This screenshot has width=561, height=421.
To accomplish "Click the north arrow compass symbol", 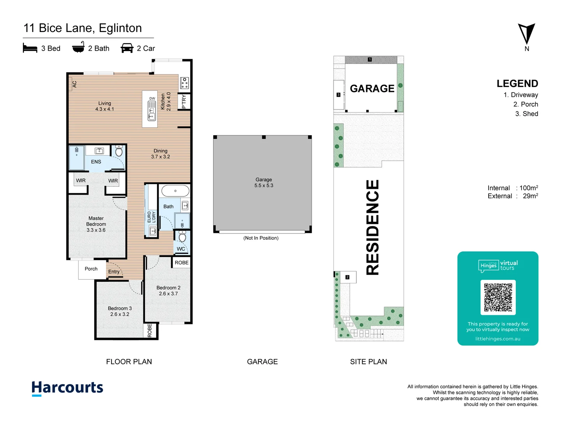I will (x=526, y=34).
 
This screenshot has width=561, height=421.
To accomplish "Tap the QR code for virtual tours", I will (x=498, y=297).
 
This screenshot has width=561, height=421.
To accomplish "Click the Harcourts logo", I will (x=67, y=388).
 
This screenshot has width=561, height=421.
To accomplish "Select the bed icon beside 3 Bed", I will (x=30, y=48).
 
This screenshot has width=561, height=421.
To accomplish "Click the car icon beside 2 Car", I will (x=127, y=48).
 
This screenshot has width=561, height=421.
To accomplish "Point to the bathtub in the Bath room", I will (x=175, y=191).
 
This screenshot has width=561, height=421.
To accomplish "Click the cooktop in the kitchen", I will (x=184, y=83).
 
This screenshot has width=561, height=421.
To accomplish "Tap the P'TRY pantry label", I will (x=184, y=102).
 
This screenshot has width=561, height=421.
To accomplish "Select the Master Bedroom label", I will (x=96, y=224).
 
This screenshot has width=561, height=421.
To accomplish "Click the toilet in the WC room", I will (x=182, y=237).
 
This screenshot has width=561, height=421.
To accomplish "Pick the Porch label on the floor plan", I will (x=91, y=269).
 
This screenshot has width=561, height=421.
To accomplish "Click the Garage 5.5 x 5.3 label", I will (x=264, y=182).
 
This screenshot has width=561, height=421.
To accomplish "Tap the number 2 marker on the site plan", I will (x=348, y=277).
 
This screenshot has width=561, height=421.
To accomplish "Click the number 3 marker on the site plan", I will (x=338, y=95).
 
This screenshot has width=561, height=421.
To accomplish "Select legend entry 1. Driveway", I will (x=520, y=95).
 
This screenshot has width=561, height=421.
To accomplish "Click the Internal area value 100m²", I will (x=529, y=188).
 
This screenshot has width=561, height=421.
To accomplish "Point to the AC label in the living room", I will (x=74, y=84).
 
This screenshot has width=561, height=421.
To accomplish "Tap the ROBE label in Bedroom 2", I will (x=182, y=263).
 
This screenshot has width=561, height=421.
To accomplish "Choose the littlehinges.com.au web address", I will (x=497, y=339).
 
